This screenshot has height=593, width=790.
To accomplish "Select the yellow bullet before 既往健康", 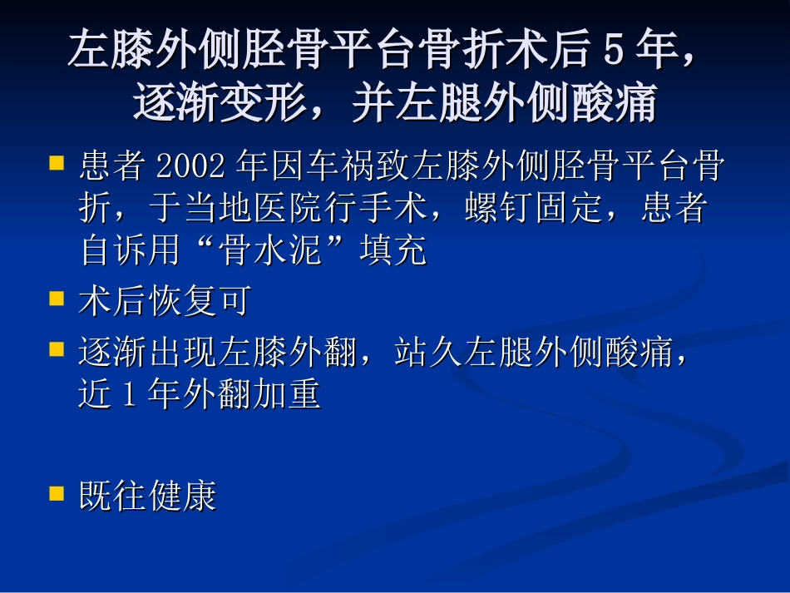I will click(x=57, y=493).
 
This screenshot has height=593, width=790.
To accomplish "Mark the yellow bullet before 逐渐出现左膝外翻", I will click(x=57, y=349).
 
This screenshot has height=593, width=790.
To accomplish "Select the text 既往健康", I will click(x=148, y=497).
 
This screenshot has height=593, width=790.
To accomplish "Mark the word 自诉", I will click(x=115, y=250).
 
